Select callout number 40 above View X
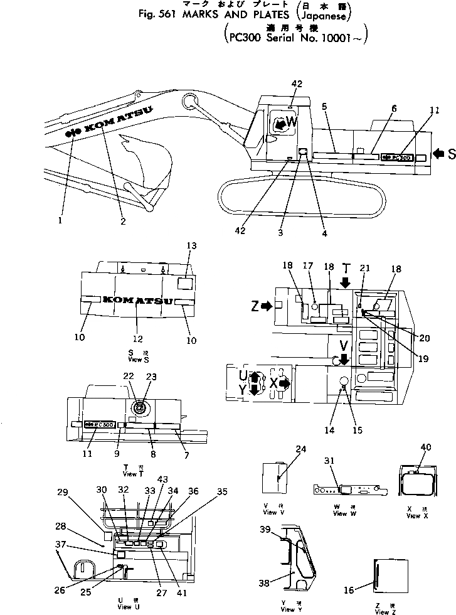(426, 447)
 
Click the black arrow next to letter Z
(267, 307)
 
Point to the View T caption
(129, 471)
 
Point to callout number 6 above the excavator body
(393, 109)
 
